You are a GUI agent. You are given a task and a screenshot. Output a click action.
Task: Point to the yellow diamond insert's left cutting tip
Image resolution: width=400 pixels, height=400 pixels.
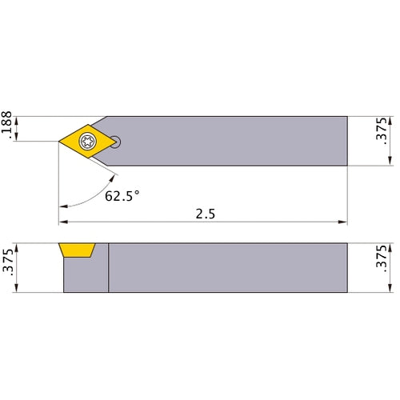point(60,142)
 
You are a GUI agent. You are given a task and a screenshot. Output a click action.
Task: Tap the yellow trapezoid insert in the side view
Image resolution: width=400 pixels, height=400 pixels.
point(78,251)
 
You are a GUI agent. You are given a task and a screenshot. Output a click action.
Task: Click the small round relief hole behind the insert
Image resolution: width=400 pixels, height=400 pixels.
point(117,142)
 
